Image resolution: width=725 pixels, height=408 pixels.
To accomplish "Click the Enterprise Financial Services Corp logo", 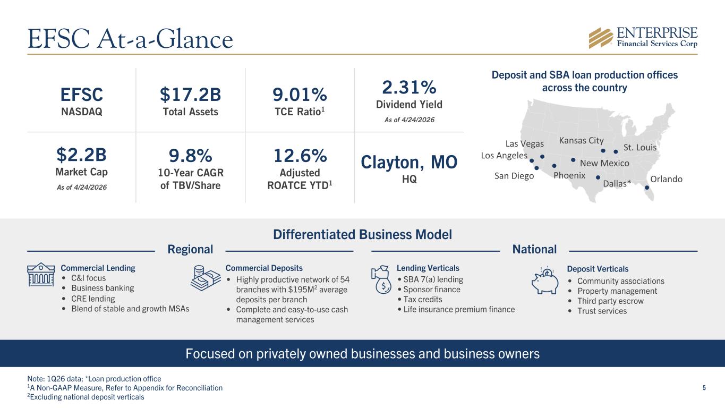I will pos(643,37).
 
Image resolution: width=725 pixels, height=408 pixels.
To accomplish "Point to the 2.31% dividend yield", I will pos(409,86).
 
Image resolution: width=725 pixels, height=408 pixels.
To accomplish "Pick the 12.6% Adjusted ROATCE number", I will pos(300,156).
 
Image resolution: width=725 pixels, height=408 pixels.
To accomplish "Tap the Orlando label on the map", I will pos(666,179).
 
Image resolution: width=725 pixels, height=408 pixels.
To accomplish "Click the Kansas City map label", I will pos(582,140).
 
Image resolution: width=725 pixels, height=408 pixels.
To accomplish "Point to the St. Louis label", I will pos(639,147).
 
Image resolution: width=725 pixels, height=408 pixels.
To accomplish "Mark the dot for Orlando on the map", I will pos(647,187).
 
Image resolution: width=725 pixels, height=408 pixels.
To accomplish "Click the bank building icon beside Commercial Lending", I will pos(41,274).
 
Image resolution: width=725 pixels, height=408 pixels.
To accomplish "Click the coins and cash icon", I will pos(206,278).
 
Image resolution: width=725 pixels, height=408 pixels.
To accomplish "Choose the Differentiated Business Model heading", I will pos(362,234).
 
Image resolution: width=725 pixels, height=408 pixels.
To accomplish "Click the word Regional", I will pos(190,249).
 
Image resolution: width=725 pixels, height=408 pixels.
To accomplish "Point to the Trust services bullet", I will pos(602,311).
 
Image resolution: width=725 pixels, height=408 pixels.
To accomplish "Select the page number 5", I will pos(704,388).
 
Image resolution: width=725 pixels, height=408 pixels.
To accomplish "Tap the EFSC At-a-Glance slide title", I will pos(130,39).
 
